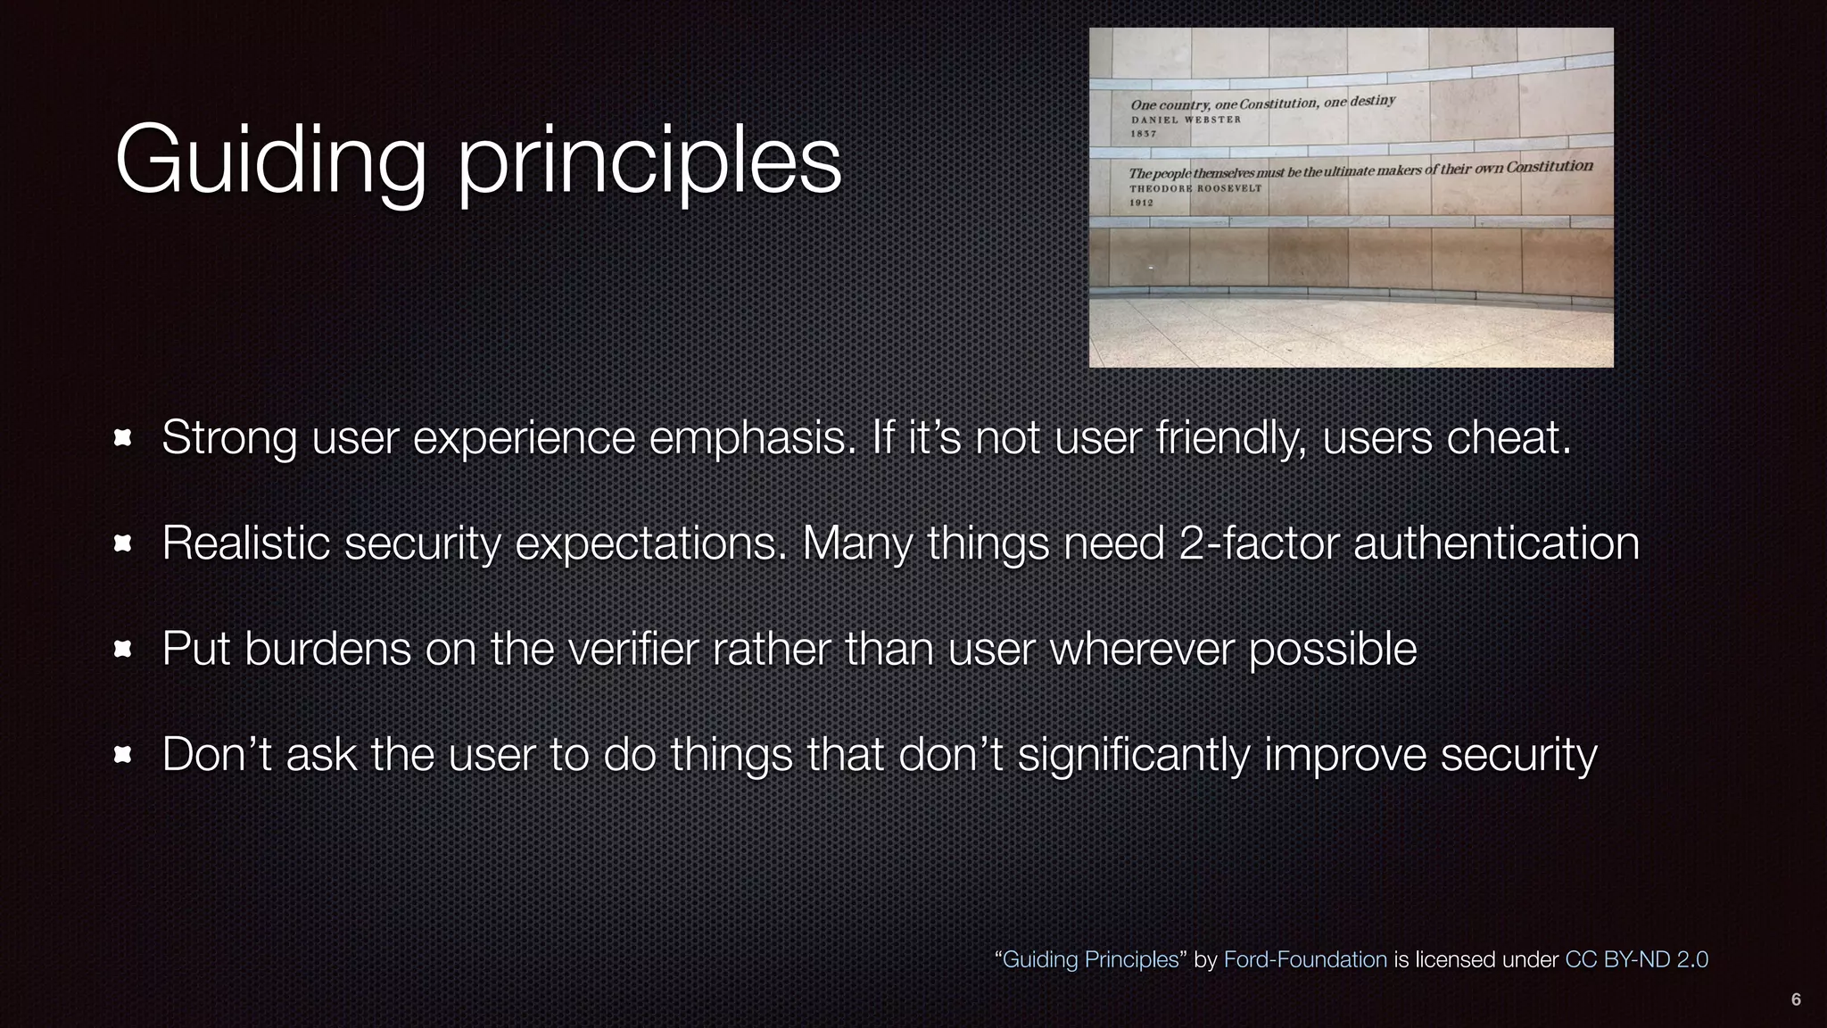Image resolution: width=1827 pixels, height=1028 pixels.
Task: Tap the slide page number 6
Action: (x=1796, y=999)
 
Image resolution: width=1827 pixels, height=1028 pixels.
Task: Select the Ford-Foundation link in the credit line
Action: (x=1305, y=959)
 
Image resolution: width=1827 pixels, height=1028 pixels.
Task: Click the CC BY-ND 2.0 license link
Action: (x=1636, y=959)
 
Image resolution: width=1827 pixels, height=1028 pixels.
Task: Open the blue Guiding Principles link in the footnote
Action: (x=1090, y=959)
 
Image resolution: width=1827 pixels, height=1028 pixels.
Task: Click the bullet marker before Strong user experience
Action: (x=123, y=438)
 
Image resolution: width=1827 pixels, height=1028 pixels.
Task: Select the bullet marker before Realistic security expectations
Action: (x=123, y=543)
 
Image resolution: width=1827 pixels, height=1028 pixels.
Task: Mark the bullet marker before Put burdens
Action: (x=123, y=650)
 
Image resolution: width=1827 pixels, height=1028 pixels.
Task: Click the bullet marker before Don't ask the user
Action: (x=123, y=756)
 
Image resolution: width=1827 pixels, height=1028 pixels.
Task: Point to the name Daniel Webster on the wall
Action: (x=1186, y=120)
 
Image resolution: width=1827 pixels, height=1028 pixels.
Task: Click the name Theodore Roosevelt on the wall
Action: (x=1195, y=188)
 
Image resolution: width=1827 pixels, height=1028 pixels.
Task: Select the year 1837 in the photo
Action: (x=1143, y=134)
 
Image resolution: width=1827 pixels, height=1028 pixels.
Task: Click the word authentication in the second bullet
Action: (x=1496, y=543)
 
